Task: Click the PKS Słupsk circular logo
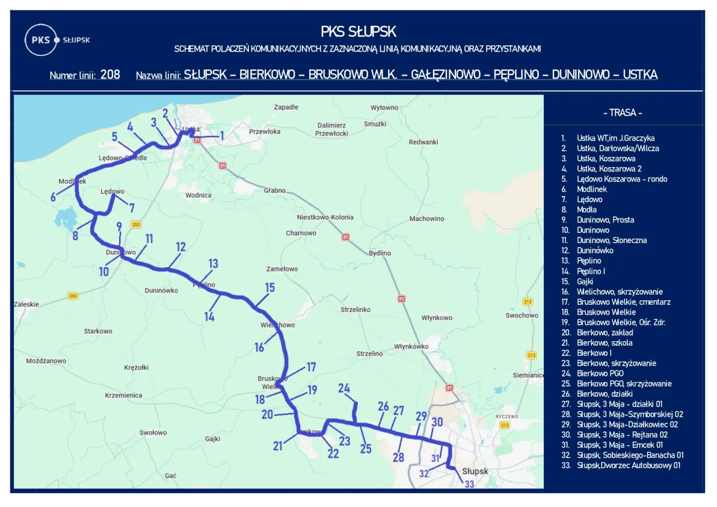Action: click(41, 40)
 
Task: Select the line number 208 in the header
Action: click(110, 75)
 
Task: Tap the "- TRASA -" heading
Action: click(622, 113)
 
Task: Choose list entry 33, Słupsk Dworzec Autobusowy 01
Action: click(628, 466)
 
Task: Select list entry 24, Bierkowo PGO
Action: click(600, 374)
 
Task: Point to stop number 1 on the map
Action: click(221, 136)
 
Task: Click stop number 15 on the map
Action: click(270, 288)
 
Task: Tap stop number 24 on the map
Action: click(344, 388)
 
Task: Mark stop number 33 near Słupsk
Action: click(469, 484)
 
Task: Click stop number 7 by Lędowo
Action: click(132, 208)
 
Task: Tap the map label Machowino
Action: click(426, 219)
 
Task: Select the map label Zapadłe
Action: click(286, 107)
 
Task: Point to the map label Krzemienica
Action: click(123, 396)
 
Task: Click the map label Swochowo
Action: click(521, 316)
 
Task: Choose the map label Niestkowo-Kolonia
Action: click(325, 217)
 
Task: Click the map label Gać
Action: click(171, 476)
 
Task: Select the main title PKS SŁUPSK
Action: click(358, 31)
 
